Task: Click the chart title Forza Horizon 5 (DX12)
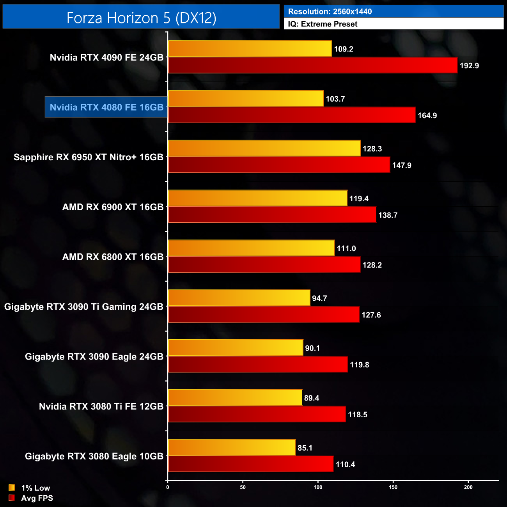coord(141,18)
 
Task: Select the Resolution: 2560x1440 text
coord(330,11)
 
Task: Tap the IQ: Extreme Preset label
coord(323,24)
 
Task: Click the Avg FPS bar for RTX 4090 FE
coord(312,65)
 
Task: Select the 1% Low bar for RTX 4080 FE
coord(246,99)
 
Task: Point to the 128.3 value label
coord(372,149)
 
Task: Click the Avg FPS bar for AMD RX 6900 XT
coord(272,215)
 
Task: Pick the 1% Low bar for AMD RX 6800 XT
coord(251,248)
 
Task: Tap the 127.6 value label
coord(371,315)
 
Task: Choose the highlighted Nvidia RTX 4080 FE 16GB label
coord(106,107)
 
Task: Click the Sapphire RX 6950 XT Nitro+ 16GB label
coord(89,157)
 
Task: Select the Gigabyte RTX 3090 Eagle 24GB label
coord(94,357)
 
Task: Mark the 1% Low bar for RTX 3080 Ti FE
coord(235,398)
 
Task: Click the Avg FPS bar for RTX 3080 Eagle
coord(250,464)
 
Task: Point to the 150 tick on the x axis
coord(393,487)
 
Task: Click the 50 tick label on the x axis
coord(243,487)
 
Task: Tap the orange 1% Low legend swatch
coord(12,487)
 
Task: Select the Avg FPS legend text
coord(37,498)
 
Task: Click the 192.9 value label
coord(469,66)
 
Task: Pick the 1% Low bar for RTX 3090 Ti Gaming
coord(239,298)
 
